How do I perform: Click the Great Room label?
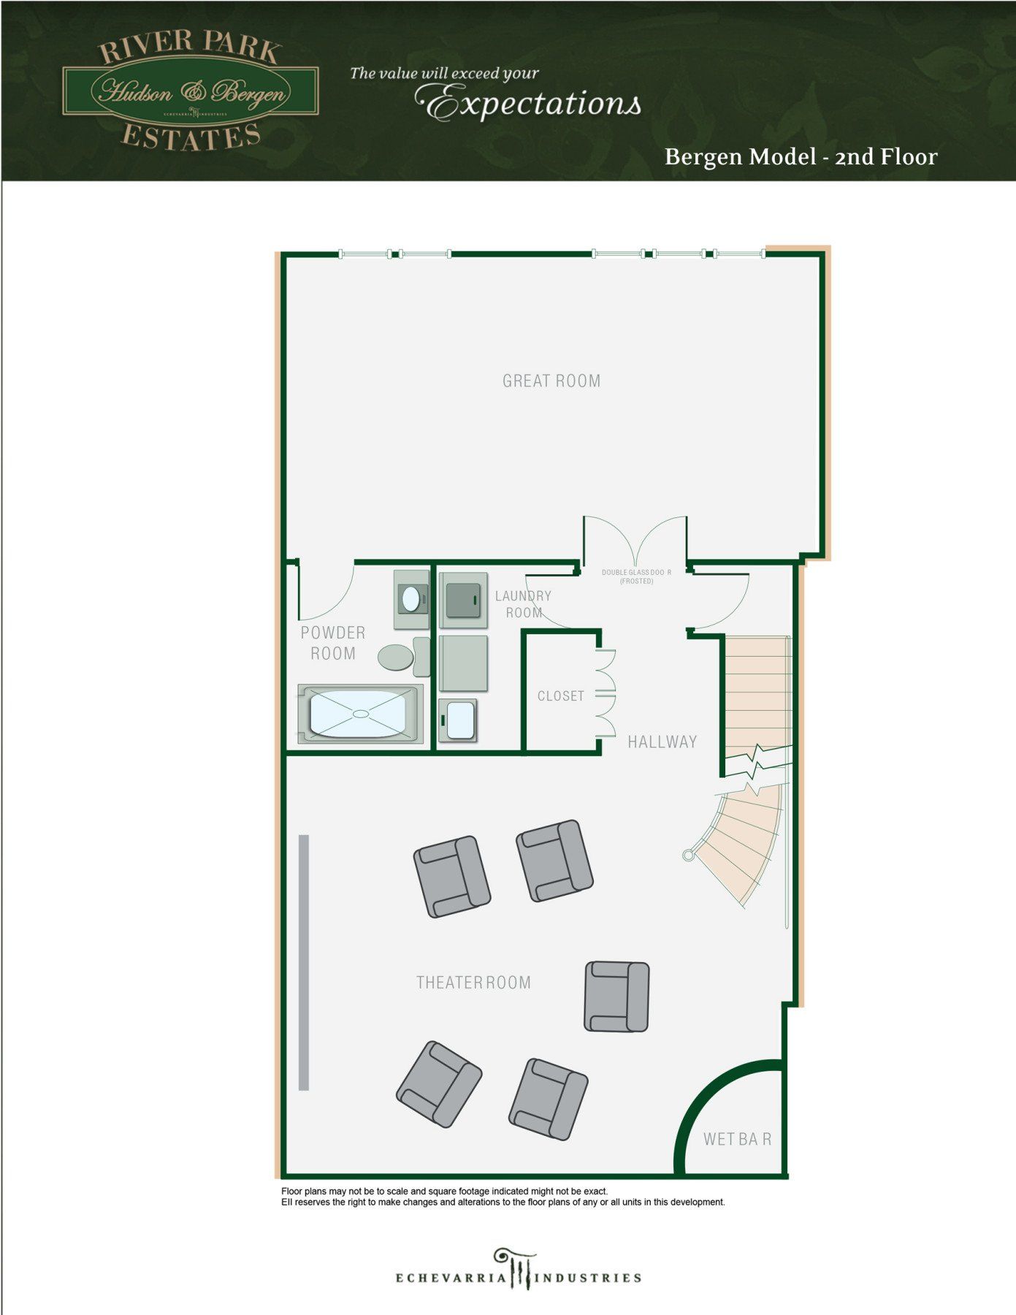(551, 381)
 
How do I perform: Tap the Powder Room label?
(333, 643)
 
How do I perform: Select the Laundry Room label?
(524, 604)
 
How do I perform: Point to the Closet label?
(561, 696)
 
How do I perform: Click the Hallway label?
(662, 742)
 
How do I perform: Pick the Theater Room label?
(473, 983)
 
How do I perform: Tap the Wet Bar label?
(737, 1139)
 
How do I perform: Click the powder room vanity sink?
(411, 600)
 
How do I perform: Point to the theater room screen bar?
(304, 962)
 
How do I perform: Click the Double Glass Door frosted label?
(636, 576)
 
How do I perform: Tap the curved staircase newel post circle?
(687, 855)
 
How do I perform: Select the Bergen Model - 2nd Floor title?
(801, 157)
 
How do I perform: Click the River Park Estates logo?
(190, 91)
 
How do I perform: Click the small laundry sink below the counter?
(459, 720)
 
